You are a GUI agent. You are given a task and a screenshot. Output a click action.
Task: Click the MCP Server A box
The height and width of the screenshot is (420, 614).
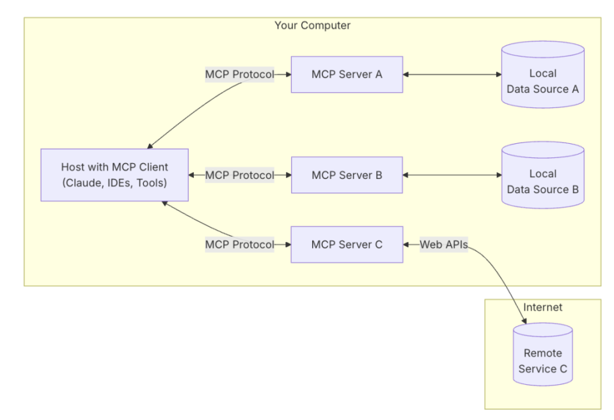(x=347, y=74)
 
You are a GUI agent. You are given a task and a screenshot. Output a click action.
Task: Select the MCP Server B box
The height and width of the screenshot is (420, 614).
(x=347, y=175)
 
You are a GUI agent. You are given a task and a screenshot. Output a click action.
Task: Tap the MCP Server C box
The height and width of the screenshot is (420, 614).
(x=347, y=244)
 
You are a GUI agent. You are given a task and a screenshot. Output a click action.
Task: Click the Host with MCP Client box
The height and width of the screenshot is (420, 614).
(x=114, y=175)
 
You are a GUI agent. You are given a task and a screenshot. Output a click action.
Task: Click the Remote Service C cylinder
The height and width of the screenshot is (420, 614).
(x=542, y=358)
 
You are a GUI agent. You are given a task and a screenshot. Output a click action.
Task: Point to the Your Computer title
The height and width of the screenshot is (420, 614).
(x=312, y=26)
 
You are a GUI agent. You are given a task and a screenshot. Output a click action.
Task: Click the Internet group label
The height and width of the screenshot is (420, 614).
(x=542, y=307)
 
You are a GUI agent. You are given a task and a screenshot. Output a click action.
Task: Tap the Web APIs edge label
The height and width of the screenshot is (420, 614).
(x=443, y=244)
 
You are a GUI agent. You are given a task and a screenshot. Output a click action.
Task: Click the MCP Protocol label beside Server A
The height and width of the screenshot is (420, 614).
(x=239, y=74)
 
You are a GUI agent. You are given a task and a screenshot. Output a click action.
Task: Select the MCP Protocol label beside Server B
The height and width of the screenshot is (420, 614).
(x=239, y=175)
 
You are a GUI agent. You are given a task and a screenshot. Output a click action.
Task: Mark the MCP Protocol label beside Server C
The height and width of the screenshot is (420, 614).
(x=239, y=244)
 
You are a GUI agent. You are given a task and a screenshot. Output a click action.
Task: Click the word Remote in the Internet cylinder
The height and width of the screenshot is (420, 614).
(x=542, y=353)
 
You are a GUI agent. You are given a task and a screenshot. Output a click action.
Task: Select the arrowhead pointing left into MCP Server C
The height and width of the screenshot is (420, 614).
(x=407, y=244)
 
